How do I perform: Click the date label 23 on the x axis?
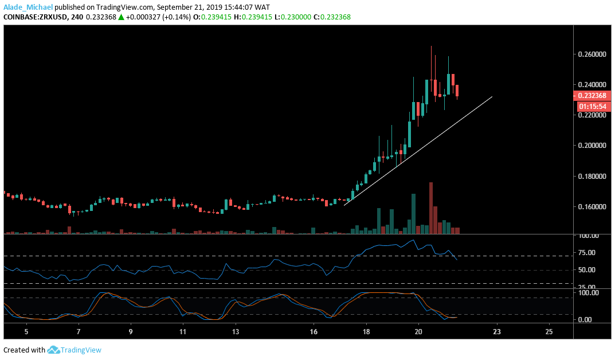(x=496, y=331)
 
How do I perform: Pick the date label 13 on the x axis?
(x=236, y=331)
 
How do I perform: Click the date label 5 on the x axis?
(x=26, y=331)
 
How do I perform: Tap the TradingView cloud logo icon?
(x=54, y=350)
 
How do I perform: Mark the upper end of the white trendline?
(x=492, y=97)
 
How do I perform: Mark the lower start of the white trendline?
(x=344, y=205)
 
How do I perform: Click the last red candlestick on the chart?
(x=457, y=91)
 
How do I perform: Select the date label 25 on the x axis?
(x=549, y=331)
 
